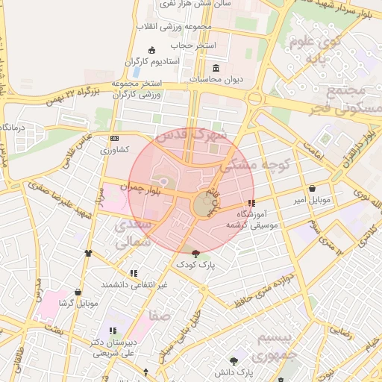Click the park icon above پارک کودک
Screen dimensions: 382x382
195,254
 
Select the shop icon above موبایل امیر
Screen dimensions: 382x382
311,188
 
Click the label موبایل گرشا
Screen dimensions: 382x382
77,304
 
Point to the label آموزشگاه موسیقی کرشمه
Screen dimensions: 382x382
257,219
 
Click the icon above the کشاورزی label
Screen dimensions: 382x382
113,139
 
